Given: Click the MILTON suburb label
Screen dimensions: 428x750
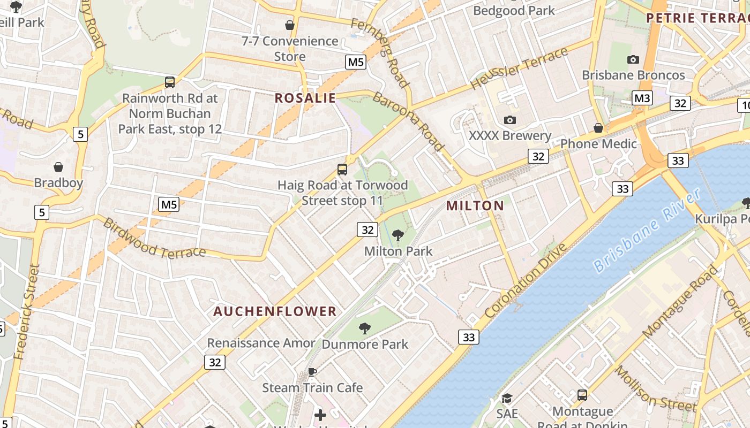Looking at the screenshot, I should point(475,205).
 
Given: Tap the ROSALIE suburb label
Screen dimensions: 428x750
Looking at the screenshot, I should point(305,98).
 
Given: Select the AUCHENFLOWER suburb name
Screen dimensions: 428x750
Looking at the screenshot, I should point(275,311).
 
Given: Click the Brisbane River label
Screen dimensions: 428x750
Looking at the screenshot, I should point(647,231).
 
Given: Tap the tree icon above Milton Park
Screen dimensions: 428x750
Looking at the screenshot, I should point(398,235).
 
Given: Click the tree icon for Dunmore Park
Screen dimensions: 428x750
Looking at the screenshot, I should point(365,328).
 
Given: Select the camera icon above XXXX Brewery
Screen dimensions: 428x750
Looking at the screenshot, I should point(510,120).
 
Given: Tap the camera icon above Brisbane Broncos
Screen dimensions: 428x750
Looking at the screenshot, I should point(633,59).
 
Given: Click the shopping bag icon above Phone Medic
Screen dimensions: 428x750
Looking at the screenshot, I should point(598,128).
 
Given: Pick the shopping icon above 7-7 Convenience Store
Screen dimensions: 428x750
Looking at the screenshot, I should point(290,25).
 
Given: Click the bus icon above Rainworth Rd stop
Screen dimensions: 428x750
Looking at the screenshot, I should point(170,82).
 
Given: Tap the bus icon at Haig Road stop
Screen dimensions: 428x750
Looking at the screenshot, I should point(342,170).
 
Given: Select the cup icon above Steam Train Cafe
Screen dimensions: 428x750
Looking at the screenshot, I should point(312,372).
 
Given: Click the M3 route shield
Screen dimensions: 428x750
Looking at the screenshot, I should point(642,98).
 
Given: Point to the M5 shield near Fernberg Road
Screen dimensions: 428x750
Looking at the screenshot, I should point(356,62).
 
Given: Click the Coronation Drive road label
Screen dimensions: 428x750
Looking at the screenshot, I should point(526,280).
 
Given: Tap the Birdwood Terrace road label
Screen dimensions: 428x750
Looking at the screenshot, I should point(154,238).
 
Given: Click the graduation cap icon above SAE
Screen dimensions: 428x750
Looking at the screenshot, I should point(507,398).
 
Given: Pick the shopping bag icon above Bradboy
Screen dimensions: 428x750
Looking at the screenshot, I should point(58,167).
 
